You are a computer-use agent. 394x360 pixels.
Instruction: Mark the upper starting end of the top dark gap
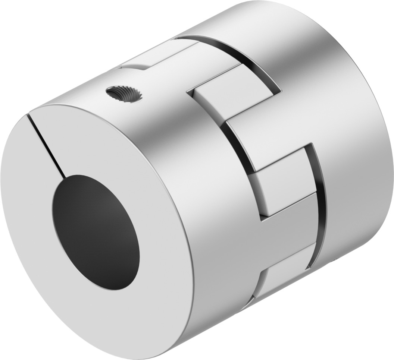(x=177, y=37)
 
